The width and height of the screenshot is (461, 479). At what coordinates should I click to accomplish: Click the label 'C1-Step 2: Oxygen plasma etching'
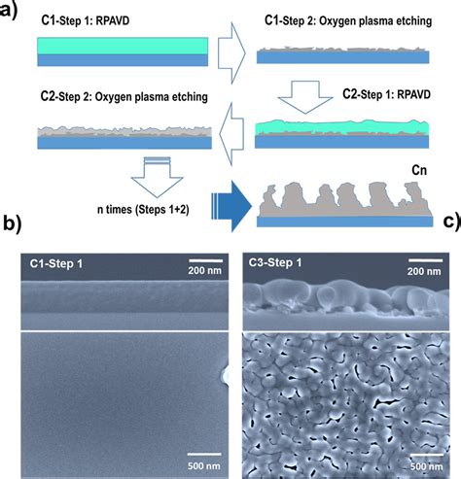pyautogui.click(x=346, y=19)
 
